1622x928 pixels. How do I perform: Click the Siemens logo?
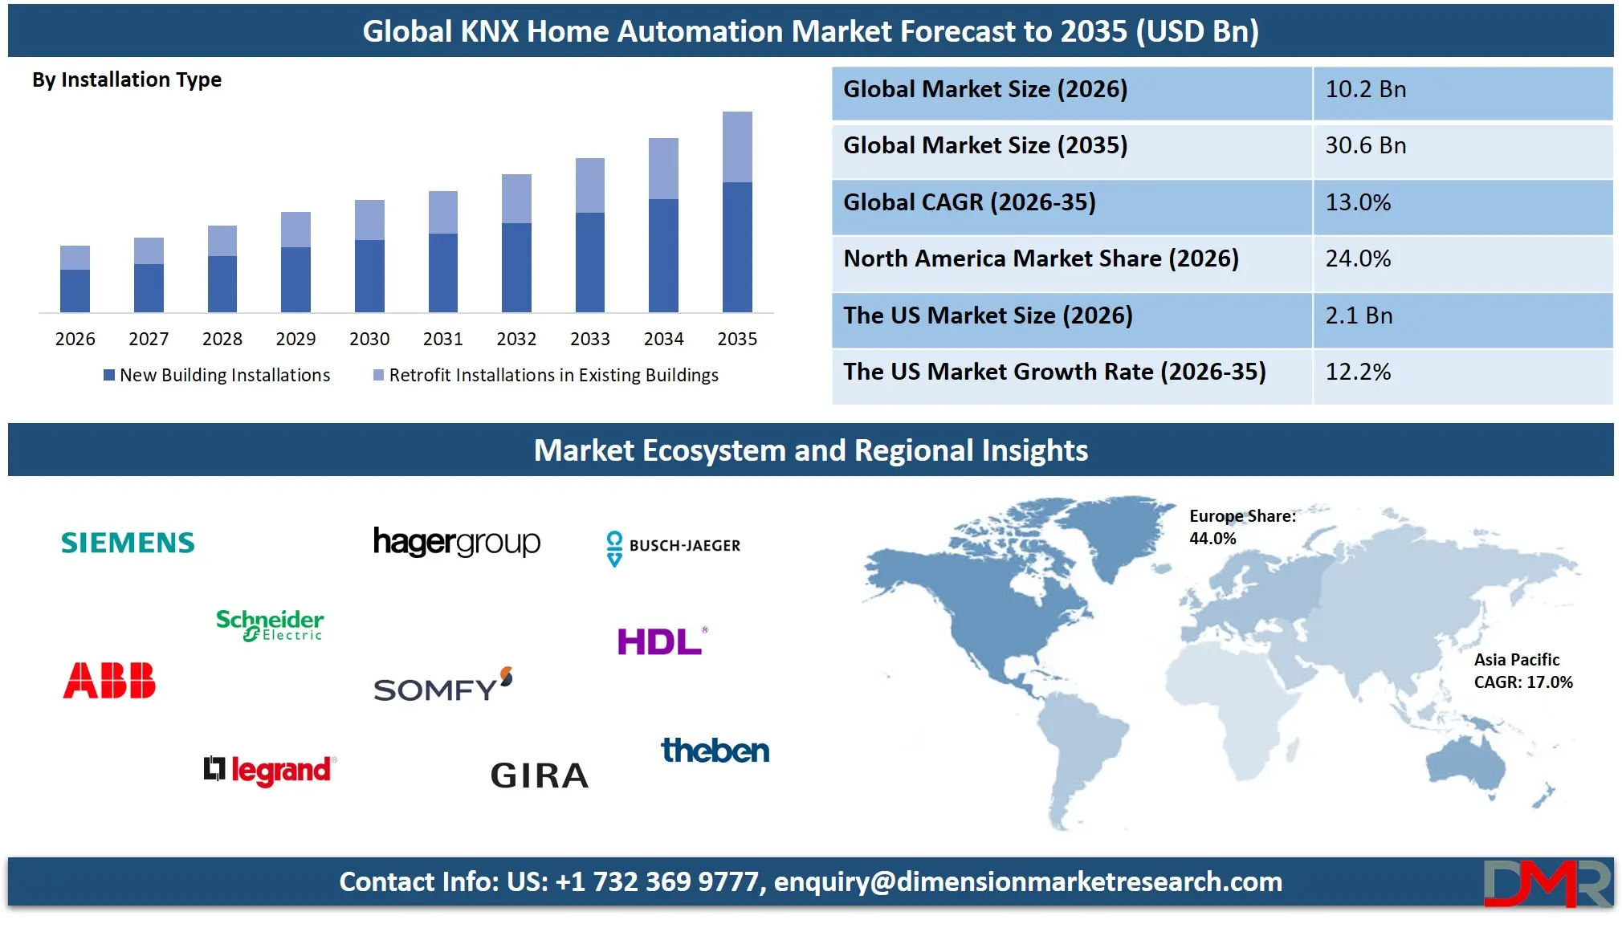coord(128,543)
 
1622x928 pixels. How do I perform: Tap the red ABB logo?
coord(109,681)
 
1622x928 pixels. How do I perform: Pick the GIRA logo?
coord(540,775)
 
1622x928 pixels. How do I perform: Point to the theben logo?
coord(715,751)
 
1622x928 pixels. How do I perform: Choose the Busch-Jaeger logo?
coord(673,547)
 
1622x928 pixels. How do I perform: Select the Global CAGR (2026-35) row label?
coord(969,202)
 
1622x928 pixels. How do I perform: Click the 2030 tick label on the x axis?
coord(369,340)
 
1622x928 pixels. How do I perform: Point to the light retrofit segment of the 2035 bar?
coord(737,147)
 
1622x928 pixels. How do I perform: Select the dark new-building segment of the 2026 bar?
coord(75,291)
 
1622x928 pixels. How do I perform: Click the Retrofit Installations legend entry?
coord(552,376)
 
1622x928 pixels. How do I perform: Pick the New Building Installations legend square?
coord(109,376)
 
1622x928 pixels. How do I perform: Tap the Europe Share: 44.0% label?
coord(1241,527)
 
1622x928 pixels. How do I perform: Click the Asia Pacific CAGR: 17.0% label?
coord(1522,671)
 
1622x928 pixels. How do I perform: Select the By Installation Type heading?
coord(127,80)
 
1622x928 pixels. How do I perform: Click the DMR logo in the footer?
coord(1547,883)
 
